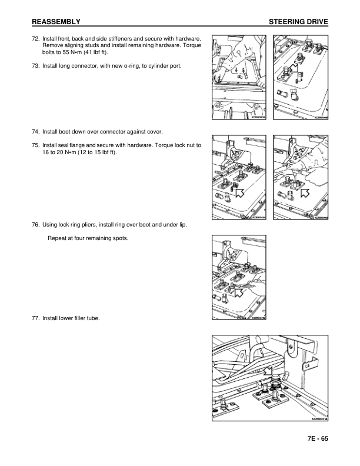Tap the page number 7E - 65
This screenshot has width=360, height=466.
[316, 439]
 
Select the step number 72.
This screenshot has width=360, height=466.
[36, 38]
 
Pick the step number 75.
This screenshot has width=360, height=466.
[36, 145]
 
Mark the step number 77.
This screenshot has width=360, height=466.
[36, 318]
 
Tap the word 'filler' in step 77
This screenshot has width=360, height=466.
[82, 318]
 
